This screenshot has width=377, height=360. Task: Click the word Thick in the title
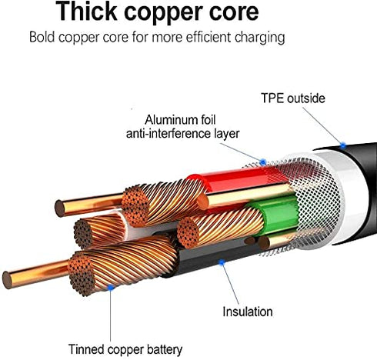[x=86, y=12]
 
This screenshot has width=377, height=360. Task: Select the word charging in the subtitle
[x=259, y=38]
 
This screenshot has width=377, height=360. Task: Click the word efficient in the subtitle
[x=209, y=36]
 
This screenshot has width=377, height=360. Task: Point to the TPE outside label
[x=293, y=98]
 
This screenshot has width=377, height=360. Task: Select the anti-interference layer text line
[x=182, y=134]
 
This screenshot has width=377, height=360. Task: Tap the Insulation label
[x=248, y=312]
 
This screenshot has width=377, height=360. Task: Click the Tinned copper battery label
[x=125, y=349]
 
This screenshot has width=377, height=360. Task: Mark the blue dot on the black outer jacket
[x=343, y=145]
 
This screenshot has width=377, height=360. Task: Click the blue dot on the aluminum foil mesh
[x=263, y=162]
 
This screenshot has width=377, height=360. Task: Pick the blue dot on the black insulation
[x=222, y=262]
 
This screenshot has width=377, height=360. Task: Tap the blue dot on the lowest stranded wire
[x=111, y=288]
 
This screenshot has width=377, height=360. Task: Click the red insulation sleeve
[x=236, y=179]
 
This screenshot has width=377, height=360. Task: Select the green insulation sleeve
[x=279, y=215]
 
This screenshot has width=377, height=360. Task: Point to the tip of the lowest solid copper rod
[x=7, y=280]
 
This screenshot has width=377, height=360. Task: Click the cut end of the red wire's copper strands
[x=135, y=206]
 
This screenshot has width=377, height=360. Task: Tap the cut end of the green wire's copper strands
[x=188, y=232]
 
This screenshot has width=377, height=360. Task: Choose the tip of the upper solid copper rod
[x=59, y=208]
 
